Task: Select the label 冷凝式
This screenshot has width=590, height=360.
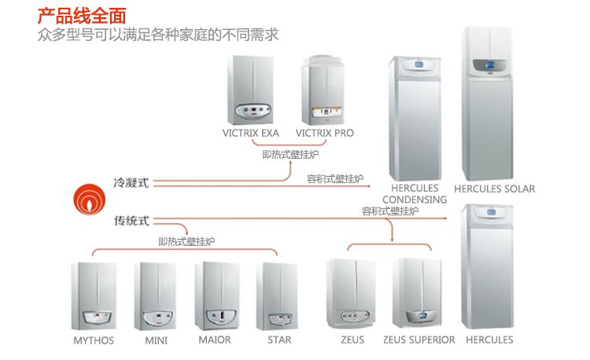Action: click(x=131, y=182)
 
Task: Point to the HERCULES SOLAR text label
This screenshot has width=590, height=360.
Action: click(x=494, y=189)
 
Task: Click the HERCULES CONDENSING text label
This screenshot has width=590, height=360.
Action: click(x=414, y=194)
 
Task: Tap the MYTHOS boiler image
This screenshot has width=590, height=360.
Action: click(x=94, y=296)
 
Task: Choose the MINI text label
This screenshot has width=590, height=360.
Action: click(x=157, y=340)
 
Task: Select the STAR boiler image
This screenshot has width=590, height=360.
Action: click(x=278, y=296)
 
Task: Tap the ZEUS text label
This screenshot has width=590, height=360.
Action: click(x=352, y=340)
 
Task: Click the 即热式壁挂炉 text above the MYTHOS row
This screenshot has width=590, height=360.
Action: click(x=186, y=241)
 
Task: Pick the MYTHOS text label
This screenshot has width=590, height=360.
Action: click(x=94, y=340)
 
